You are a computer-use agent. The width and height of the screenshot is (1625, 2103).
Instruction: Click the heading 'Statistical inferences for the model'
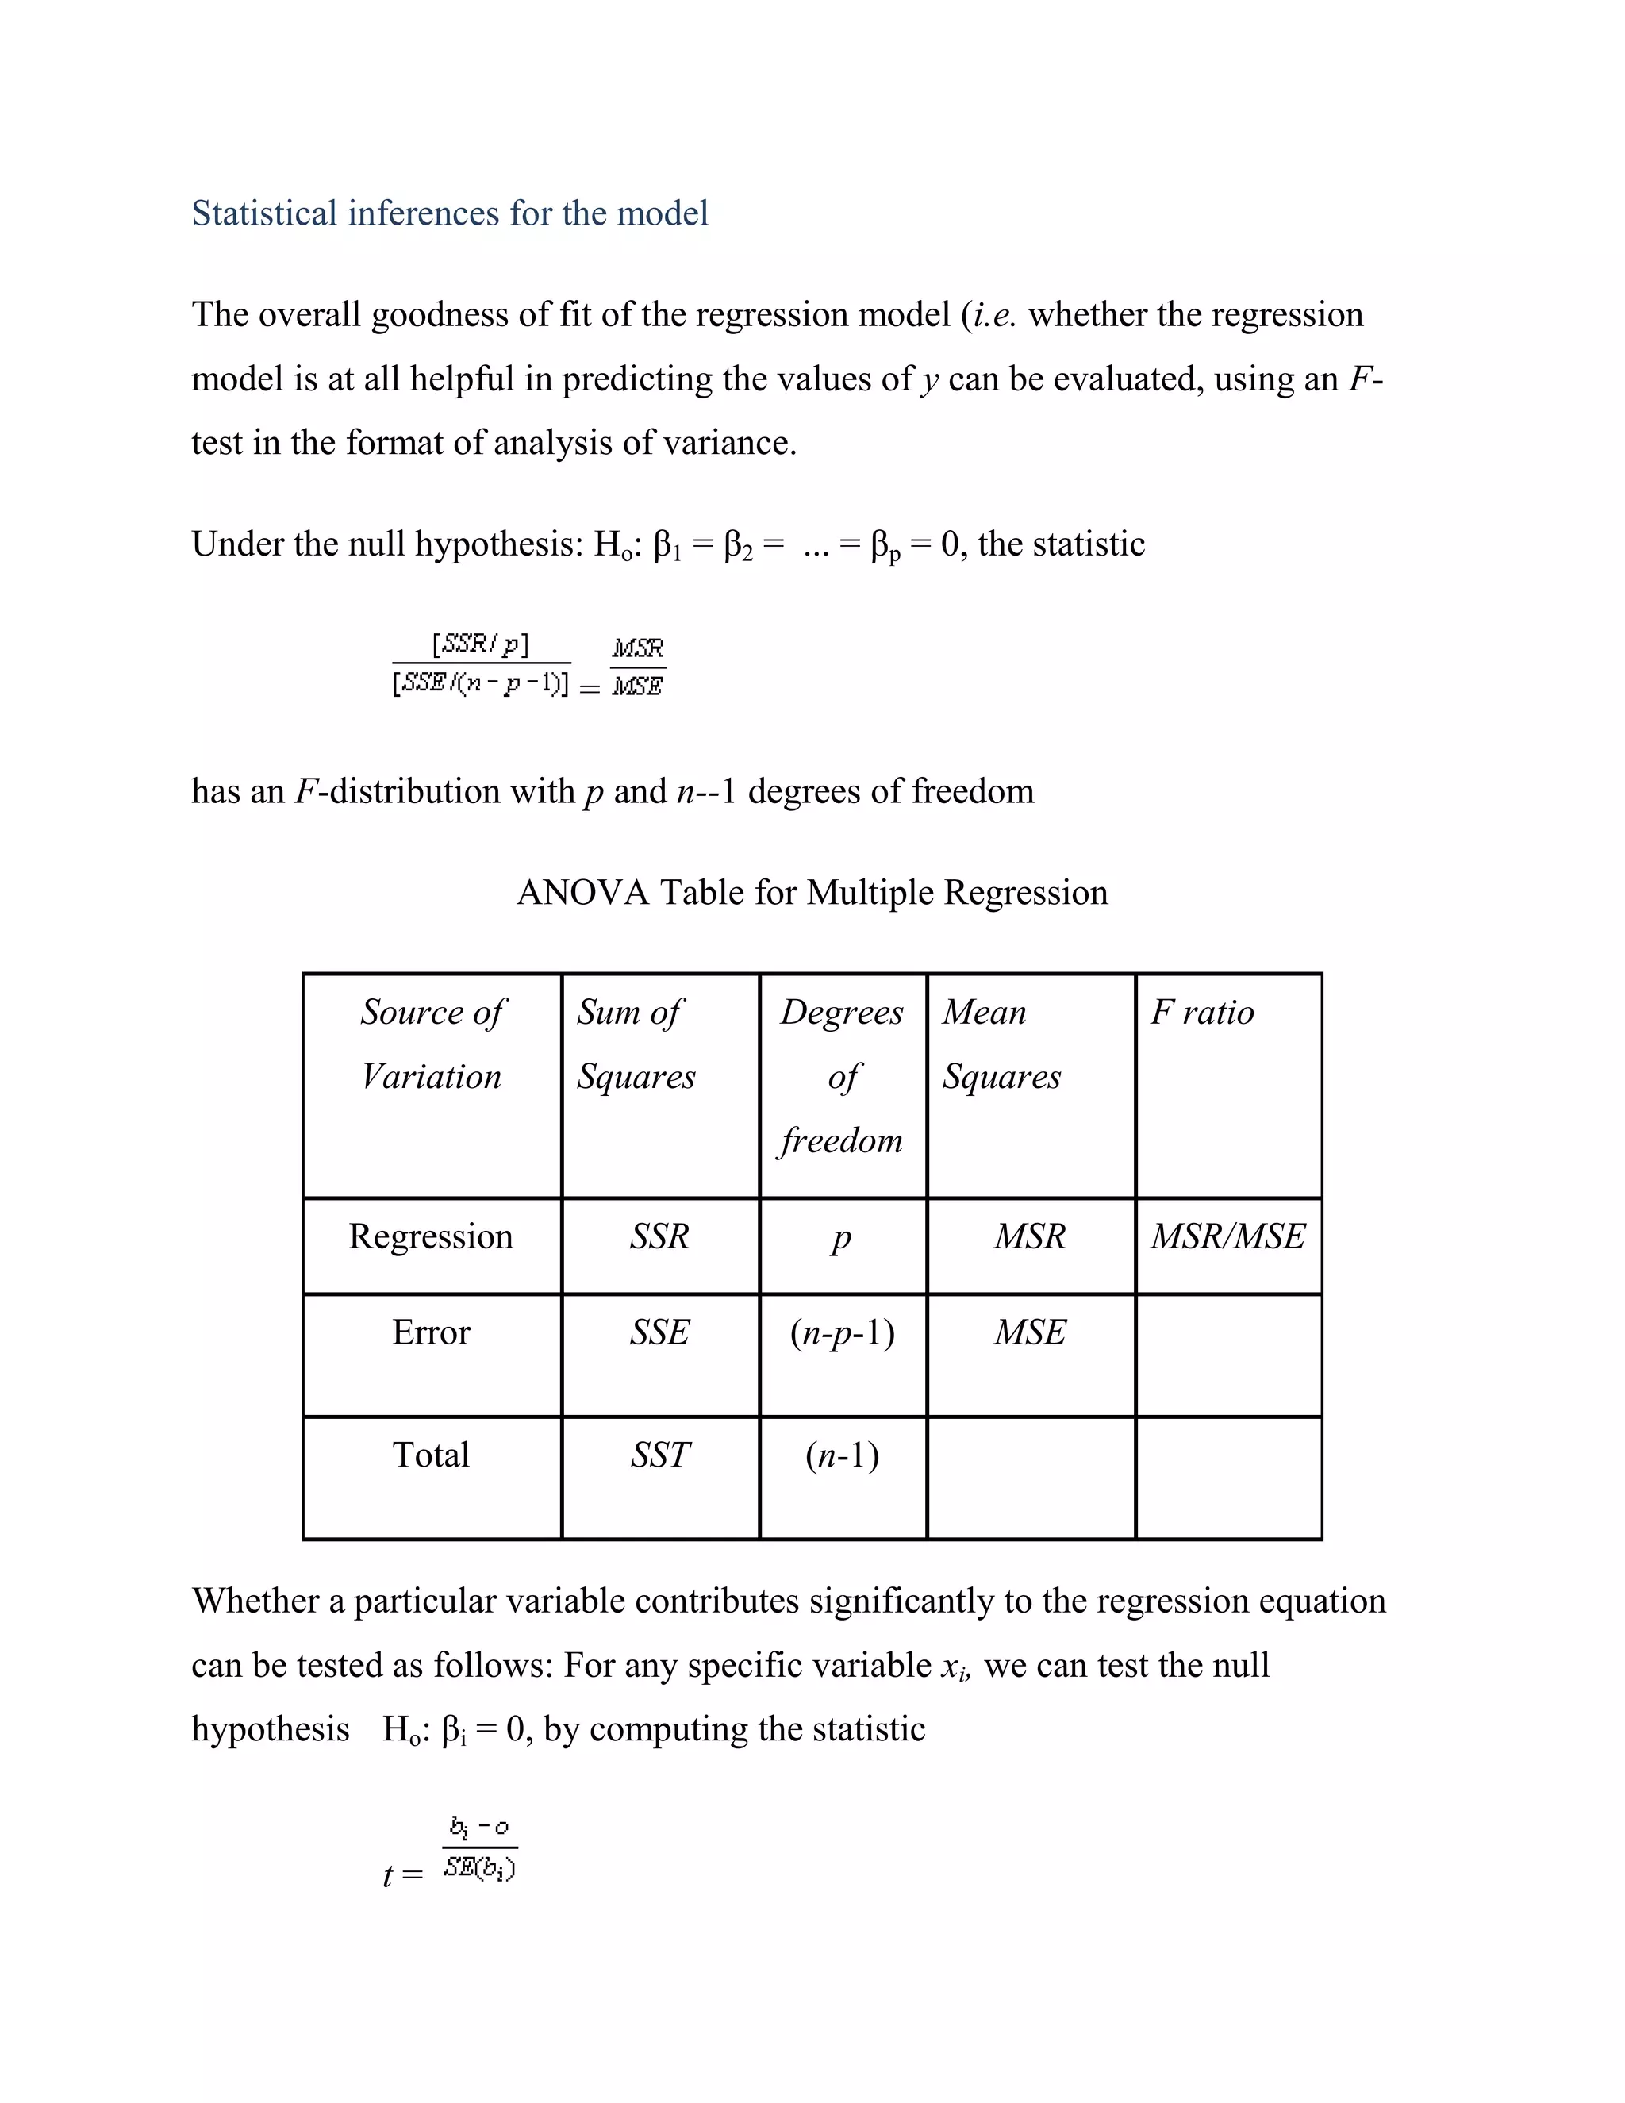click(450, 213)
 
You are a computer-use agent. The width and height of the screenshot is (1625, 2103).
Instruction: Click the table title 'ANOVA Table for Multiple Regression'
click(812, 892)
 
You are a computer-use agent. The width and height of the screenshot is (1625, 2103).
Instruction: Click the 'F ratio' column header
click(1201, 1012)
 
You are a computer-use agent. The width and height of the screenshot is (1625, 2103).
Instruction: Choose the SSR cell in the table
click(659, 1236)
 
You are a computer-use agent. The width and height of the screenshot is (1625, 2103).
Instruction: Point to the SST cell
click(659, 1454)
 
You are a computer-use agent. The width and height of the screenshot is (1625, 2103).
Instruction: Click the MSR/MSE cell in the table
click(1227, 1236)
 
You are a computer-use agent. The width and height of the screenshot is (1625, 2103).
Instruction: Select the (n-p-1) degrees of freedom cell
click(843, 1332)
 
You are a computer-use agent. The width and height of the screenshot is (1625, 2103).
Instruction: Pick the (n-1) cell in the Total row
click(843, 1454)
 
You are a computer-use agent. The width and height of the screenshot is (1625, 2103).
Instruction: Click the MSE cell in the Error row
click(1030, 1332)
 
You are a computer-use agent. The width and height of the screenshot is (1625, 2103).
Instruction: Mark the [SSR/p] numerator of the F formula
click(480, 644)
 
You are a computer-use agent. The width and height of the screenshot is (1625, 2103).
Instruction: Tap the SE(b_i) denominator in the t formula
click(479, 1869)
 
